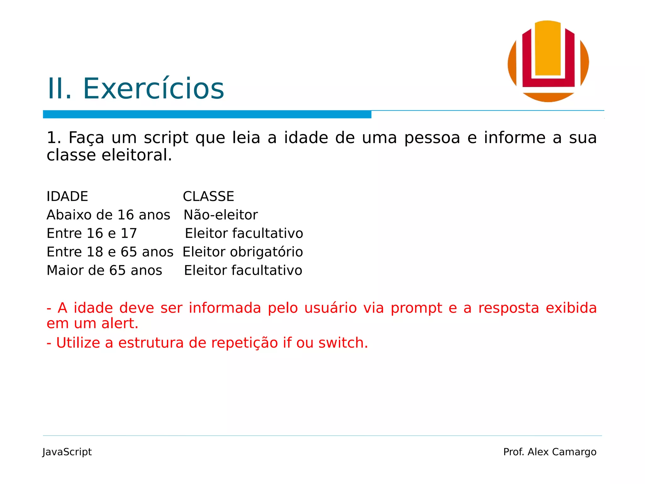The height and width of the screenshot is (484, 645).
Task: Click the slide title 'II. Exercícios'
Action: point(135,89)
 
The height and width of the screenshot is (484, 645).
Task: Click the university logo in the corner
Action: point(548,61)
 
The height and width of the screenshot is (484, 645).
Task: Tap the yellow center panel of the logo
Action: point(548,49)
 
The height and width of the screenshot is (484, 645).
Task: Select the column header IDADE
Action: point(67,197)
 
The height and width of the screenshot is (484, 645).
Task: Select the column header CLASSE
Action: point(208,197)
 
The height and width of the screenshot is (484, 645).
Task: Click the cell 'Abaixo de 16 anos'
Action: point(108,215)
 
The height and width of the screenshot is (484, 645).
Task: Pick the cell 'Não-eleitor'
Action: point(220,215)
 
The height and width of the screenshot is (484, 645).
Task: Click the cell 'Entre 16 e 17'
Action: point(92,233)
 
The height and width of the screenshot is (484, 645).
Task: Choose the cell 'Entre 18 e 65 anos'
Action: point(110,252)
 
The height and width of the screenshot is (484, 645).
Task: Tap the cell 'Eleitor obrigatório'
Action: point(243,252)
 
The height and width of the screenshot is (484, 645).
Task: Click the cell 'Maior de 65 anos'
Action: point(104,271)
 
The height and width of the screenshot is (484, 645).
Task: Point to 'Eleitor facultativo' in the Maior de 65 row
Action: point(243,271)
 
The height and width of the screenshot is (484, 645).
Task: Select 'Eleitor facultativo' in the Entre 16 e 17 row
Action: point(244,233)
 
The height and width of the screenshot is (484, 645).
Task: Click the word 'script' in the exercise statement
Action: point(166,138)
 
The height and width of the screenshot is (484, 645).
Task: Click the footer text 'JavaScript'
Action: point(67,452)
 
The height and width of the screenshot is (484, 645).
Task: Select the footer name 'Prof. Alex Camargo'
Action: point(550,452)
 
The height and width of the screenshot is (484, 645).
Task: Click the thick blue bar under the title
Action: point(207,114)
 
